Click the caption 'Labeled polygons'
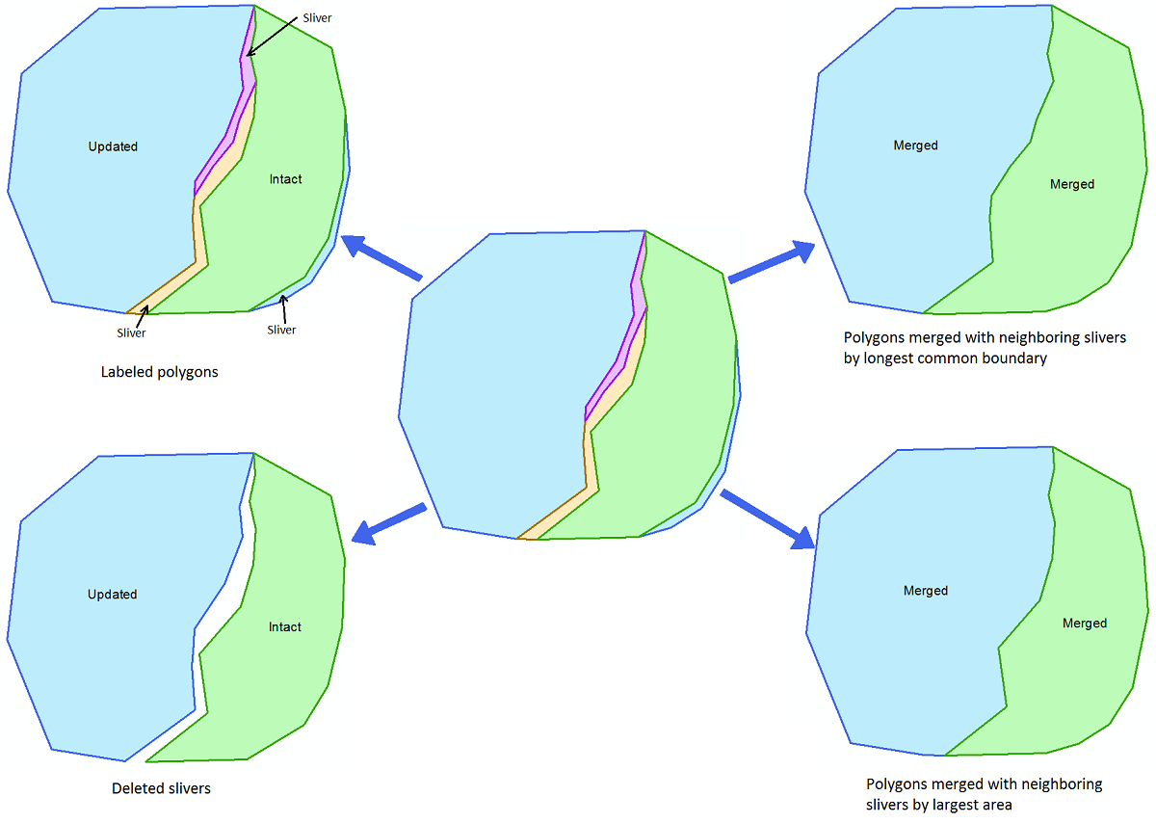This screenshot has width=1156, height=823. pyautogui.click(x=160, y=372)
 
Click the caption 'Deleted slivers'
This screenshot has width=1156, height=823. pyautogui.click(x=161, y=788)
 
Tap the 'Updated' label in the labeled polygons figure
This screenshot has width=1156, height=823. pyautogui.click(x=113, y=146)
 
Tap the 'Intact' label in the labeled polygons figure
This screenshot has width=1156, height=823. pyautogui.click(x=285, y=179)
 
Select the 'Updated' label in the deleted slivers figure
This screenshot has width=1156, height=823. pyautogui.click(x=113, y=595)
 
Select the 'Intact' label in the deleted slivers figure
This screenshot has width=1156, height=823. pyautogui.click(x=285, y=626)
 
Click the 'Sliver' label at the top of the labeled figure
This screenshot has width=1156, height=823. pyautogui.click(x=317, y=18)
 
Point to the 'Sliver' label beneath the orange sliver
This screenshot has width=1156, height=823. pyautogui.click(x=131, y=333)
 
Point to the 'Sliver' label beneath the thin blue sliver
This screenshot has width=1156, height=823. pyautogui.click(x=281, y=330)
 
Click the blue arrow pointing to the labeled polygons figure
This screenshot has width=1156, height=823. pyautogui.click(x=381, y=257)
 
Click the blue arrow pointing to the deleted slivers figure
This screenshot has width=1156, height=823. pyautogui.click(x=388, y=523)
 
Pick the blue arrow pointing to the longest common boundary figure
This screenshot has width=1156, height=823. pyautogui.click(x=772, y=262)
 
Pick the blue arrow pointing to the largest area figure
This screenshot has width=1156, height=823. pyautogui.click(x=768, y=518)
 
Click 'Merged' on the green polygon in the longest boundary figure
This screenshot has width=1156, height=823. pyautogui.click(x=1072, y=184)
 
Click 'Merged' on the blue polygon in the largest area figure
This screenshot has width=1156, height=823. pyautogui.click(x=926, y=591)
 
